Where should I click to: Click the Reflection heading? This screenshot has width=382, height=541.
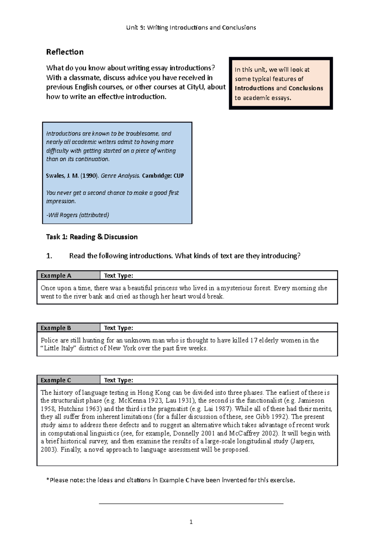tap(65, 52)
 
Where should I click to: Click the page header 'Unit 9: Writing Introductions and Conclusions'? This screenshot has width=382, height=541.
tap(191, 27)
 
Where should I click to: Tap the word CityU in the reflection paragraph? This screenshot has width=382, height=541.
tap(196, 87)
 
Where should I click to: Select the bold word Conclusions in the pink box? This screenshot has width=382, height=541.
tap(306, 88)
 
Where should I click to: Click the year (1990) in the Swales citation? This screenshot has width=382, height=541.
tap(89, 176)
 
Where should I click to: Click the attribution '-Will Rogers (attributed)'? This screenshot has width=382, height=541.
tap(78, 215)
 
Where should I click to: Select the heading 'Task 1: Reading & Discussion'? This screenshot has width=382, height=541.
tap(92, 237)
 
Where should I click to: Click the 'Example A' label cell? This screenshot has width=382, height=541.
tap(68, 276)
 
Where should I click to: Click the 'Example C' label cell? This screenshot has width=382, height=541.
tap(68, 380)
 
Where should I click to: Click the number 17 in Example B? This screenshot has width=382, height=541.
tap(253, 340)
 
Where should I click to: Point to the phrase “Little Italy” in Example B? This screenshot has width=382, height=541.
tap(59, 349)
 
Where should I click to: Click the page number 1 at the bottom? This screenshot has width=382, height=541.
tap(191, 522)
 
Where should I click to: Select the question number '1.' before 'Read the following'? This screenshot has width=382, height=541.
tap(49, 256)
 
